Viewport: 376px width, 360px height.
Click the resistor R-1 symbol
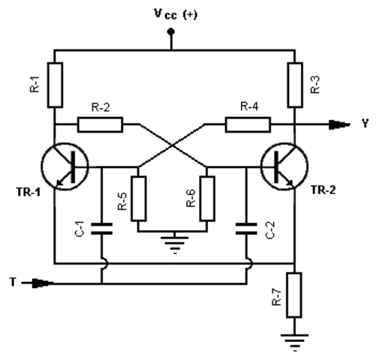pyautogui.click(x=56, y=84)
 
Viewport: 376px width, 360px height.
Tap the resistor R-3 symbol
pyautogui.click(x=294, y=84)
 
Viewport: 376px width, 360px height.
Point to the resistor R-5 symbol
pyautogui.click(x=138, y=198)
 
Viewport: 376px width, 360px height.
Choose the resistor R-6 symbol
pyautogui.click(x=207, y=198)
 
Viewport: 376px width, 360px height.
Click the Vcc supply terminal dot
pyautogui.click(x=172, y=32)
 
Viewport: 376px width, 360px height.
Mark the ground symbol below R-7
pyautogui.click(x=294, y=342)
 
